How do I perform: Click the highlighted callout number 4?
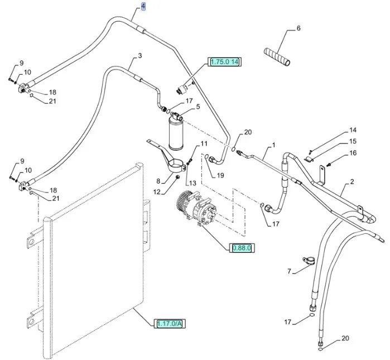(143, 7)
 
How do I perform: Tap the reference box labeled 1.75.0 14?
(225, 62)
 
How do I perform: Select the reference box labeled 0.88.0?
(242, 247)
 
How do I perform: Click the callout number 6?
(298, 28)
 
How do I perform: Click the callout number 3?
(140, 55)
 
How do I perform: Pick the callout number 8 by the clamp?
(158, 181)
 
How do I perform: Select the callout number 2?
(352, 182)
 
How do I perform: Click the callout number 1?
(273, 146)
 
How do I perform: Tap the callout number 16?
(353, 153)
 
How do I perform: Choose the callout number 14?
(353, 131)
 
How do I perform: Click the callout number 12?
(156, 191)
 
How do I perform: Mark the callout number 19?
(221, 175)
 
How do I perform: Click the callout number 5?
(197, 107)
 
